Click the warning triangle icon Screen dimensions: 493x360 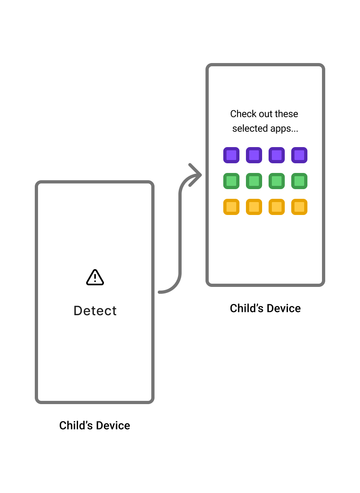pos(95,278)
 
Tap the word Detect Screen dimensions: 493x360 pos(95,311)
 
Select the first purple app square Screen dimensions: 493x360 pos(231,155)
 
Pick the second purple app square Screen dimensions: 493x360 pos(254,155)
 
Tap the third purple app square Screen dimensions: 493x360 pos(277,155)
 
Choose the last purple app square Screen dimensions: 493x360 pos(299,155)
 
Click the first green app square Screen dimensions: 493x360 pos(231,181)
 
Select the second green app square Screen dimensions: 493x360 pos(254,181)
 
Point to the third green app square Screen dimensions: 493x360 pos(277,181)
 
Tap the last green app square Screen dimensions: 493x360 pos(299,181)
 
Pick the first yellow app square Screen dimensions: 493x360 pos(231,207)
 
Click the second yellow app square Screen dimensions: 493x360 pos(254,207)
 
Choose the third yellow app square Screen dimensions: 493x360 pos(277,207)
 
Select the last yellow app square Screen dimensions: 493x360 pos(299,207)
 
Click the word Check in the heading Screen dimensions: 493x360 pos(241,114)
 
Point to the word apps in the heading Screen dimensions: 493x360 pos(287,129)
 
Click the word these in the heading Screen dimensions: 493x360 pos(286,114)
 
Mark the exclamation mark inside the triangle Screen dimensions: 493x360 pos(95,278)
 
